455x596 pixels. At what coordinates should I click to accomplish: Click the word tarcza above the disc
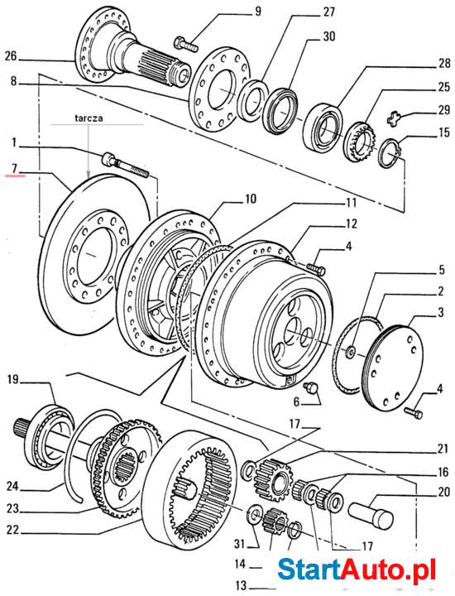[87, 118]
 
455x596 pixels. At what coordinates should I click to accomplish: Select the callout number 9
[234, 12]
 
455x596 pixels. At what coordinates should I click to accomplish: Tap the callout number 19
[13, 381]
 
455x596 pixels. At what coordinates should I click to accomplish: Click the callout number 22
[13, 530]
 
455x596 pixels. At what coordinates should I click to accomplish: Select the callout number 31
[239, 543]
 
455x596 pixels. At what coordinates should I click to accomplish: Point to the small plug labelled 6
[312, 388]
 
